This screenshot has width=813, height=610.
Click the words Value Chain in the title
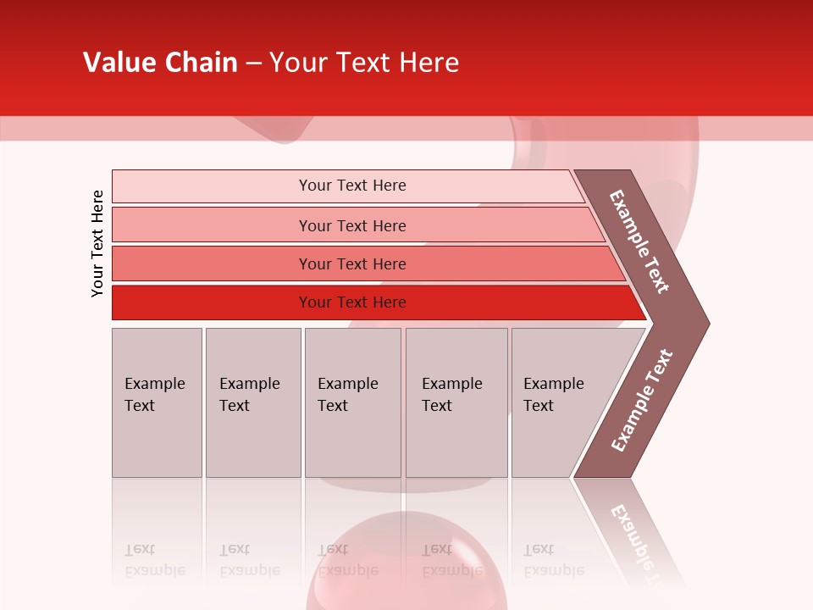[x=160, y=63]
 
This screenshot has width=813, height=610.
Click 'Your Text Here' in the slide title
[x=364, y=63]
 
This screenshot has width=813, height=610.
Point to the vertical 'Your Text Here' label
[x=97, y=243]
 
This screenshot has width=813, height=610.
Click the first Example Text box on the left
[x=157, y=402]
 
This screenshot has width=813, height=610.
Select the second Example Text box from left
[x=252, y=402]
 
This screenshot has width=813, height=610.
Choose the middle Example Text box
[x=352, y=402]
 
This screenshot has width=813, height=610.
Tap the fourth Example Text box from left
[x=456, y=402]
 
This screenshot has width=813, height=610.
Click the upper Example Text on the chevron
[x=639, y=241]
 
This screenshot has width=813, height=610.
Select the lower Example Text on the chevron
[x=642, y=401]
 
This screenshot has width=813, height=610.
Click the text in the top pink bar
[x=352, y=186]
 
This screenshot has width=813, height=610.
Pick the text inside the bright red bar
[x=352, y=302]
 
